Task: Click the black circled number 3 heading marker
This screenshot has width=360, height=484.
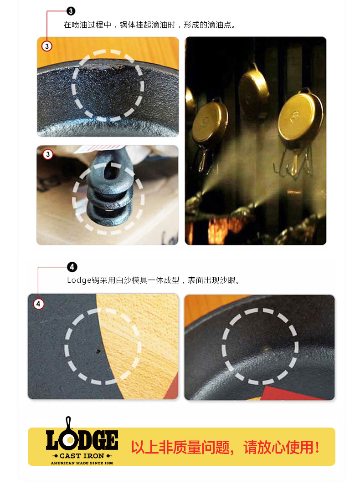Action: pos(71,11)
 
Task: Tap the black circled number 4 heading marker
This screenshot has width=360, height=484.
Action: pos(72,267)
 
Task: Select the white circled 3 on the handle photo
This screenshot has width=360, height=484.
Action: pos(48,155)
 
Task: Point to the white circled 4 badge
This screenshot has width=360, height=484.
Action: pos(39,304)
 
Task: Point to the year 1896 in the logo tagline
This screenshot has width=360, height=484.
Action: pos(108,463)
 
